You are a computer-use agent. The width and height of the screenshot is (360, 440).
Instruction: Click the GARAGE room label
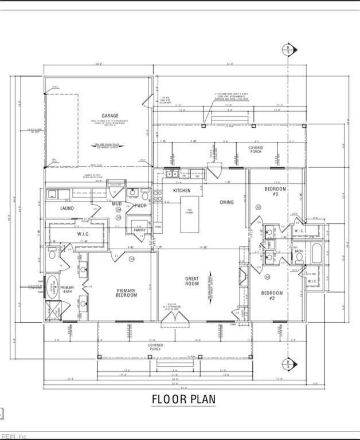click(x=110, y=115)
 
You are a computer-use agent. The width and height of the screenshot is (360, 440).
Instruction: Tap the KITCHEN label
click(x=182, y=190)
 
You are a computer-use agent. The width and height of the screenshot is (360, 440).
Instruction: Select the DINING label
click(x=226, y=202)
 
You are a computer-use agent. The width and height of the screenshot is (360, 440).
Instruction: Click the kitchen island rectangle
click(x=190, y=214)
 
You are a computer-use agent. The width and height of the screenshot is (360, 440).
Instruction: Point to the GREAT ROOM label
click(x=191, y=281)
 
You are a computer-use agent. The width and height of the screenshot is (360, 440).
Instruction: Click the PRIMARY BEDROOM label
click(x=127, y=293)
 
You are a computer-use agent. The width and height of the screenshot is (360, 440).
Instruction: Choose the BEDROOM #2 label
click(x=272, y=296)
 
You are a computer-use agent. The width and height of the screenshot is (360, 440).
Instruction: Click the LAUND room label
click(x=67, y=208)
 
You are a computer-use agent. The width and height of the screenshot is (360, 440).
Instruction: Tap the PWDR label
click(x=141, y=205)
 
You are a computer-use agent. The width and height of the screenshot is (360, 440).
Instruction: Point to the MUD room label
click(x=117, y=203)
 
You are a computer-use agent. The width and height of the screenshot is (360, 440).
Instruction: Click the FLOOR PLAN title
click(x=183, y=399)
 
